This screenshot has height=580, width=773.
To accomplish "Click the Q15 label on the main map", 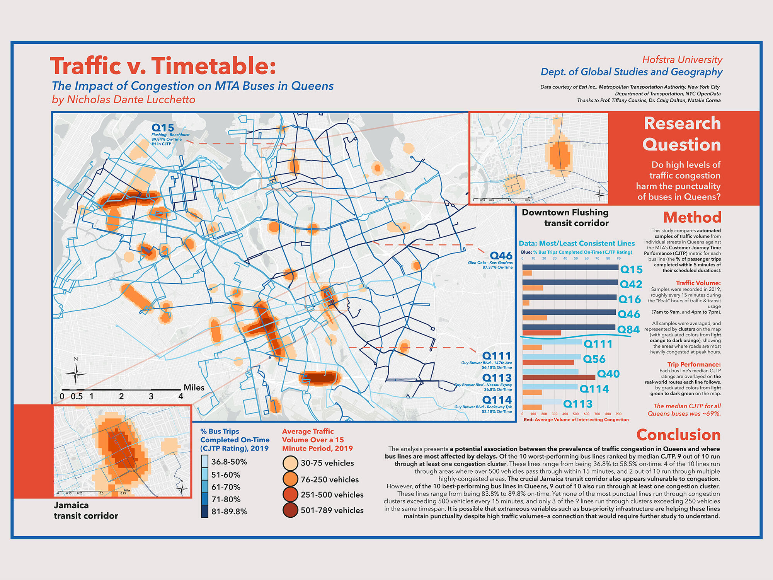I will (163, 128).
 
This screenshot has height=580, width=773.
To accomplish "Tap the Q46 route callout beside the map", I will (501, 256).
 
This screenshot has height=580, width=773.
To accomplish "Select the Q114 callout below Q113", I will (497, 400).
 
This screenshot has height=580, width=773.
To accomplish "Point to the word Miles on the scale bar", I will (194, 387).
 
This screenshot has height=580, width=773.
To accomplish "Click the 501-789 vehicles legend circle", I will (290, 510).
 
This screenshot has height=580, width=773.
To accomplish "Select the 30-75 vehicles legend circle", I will (290, 463).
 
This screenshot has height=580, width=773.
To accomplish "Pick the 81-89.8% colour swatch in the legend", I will (204, 511).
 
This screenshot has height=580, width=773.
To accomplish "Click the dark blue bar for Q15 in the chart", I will (570, 267).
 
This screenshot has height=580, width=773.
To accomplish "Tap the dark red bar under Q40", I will (558, 377).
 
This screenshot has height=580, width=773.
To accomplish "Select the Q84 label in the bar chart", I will (628, 329).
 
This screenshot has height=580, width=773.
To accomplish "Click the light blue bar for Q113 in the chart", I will (541, 402).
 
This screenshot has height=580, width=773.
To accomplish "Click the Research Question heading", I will (682, 134).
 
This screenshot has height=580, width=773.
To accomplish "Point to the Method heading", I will (692, 217).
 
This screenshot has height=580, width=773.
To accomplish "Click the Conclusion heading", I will (678, 435).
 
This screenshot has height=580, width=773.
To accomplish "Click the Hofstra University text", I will (682, 60).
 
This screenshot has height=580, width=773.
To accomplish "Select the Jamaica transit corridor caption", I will (86, 510).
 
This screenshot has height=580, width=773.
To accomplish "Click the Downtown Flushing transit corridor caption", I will (565, 218).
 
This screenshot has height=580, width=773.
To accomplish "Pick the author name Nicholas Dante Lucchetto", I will (131, 100).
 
